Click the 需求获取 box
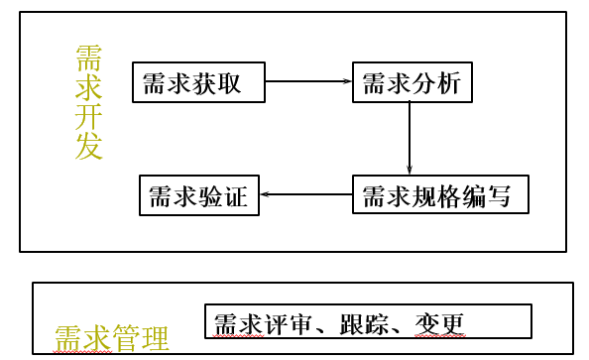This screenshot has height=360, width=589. pyautogui.click(x=199, y=82)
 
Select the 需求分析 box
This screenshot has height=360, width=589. pyautogui.click(x=412, y=82)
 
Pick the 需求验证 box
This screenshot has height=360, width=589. pyautogui.click(x=199, y=194)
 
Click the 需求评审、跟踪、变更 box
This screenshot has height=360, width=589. pyautogui.click(x=368, y=321)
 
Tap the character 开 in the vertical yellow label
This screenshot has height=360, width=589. pyautogui.click(x=88, y=116)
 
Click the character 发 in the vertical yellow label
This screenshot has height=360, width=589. pyautogui.click(x=88, y=147)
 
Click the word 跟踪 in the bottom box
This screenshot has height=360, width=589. pyautogui.click(x=363, y=322)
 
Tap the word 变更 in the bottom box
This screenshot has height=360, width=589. pyautogui.click(x=443, y=322)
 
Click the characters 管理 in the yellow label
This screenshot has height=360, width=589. pyautogui.click(x=140, y=339)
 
